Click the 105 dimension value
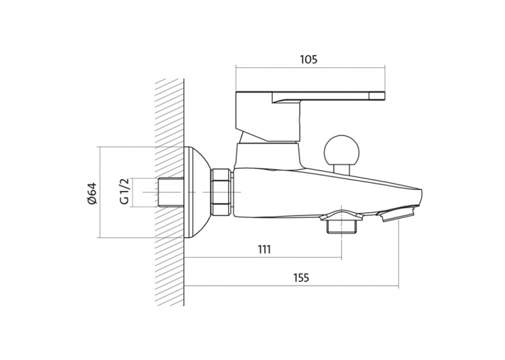(309, 59)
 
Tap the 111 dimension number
(264, 249)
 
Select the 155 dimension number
(300, 277)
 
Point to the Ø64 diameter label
(92, 193)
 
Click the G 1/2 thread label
(124, 192)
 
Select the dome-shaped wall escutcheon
(197, 192)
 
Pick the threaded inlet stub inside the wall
(172, 192)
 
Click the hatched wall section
(170, 192)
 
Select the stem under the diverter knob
(342, 170)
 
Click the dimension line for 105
(310, 67)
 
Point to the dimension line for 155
(292, 285)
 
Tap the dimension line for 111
(263, 258)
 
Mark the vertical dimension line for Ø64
(100, 192)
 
